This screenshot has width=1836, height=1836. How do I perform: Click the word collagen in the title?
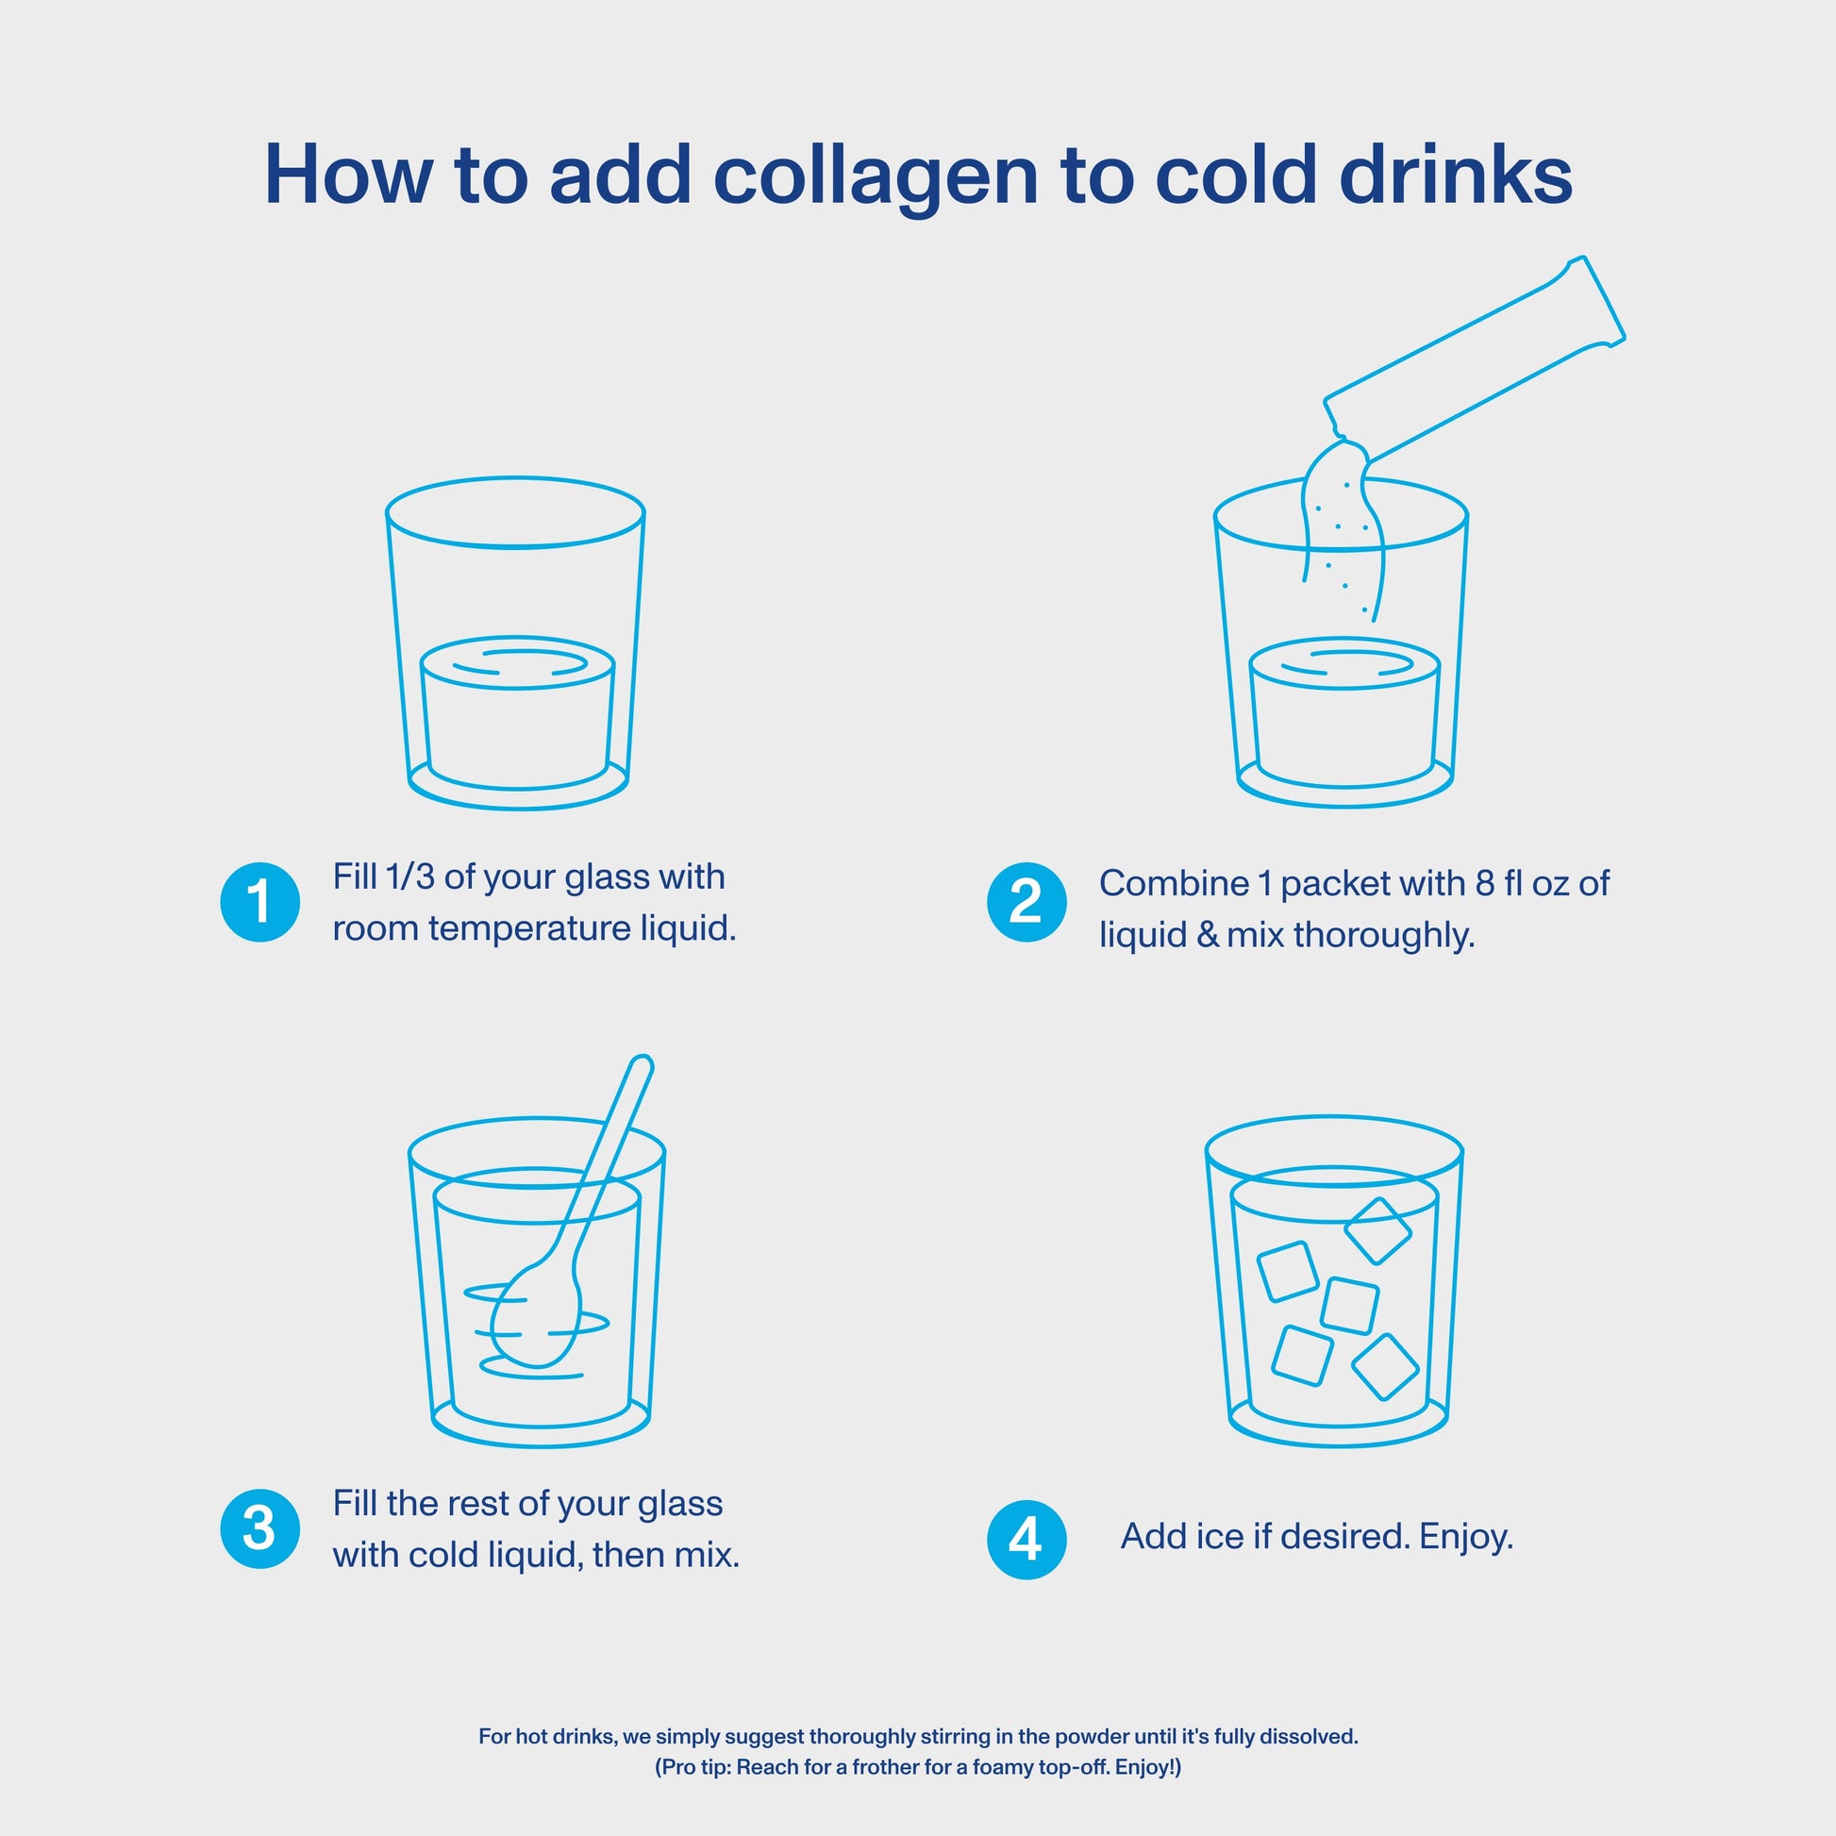(x=876, y=176)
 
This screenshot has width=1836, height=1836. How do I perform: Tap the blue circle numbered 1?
(x=259, y=902)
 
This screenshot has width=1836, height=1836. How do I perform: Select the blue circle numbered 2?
(x=1026, y=902)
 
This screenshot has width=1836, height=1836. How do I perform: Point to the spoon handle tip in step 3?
(x=642, y=1064)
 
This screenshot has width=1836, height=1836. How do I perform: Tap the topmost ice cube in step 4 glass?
(x=1377, y=1230)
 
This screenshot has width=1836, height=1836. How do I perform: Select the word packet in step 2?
(x=1327, y=884)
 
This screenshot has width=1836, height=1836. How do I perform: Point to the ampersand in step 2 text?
(x=1207, y=935)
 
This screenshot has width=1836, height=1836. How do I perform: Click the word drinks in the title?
(x=1456, y=176)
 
